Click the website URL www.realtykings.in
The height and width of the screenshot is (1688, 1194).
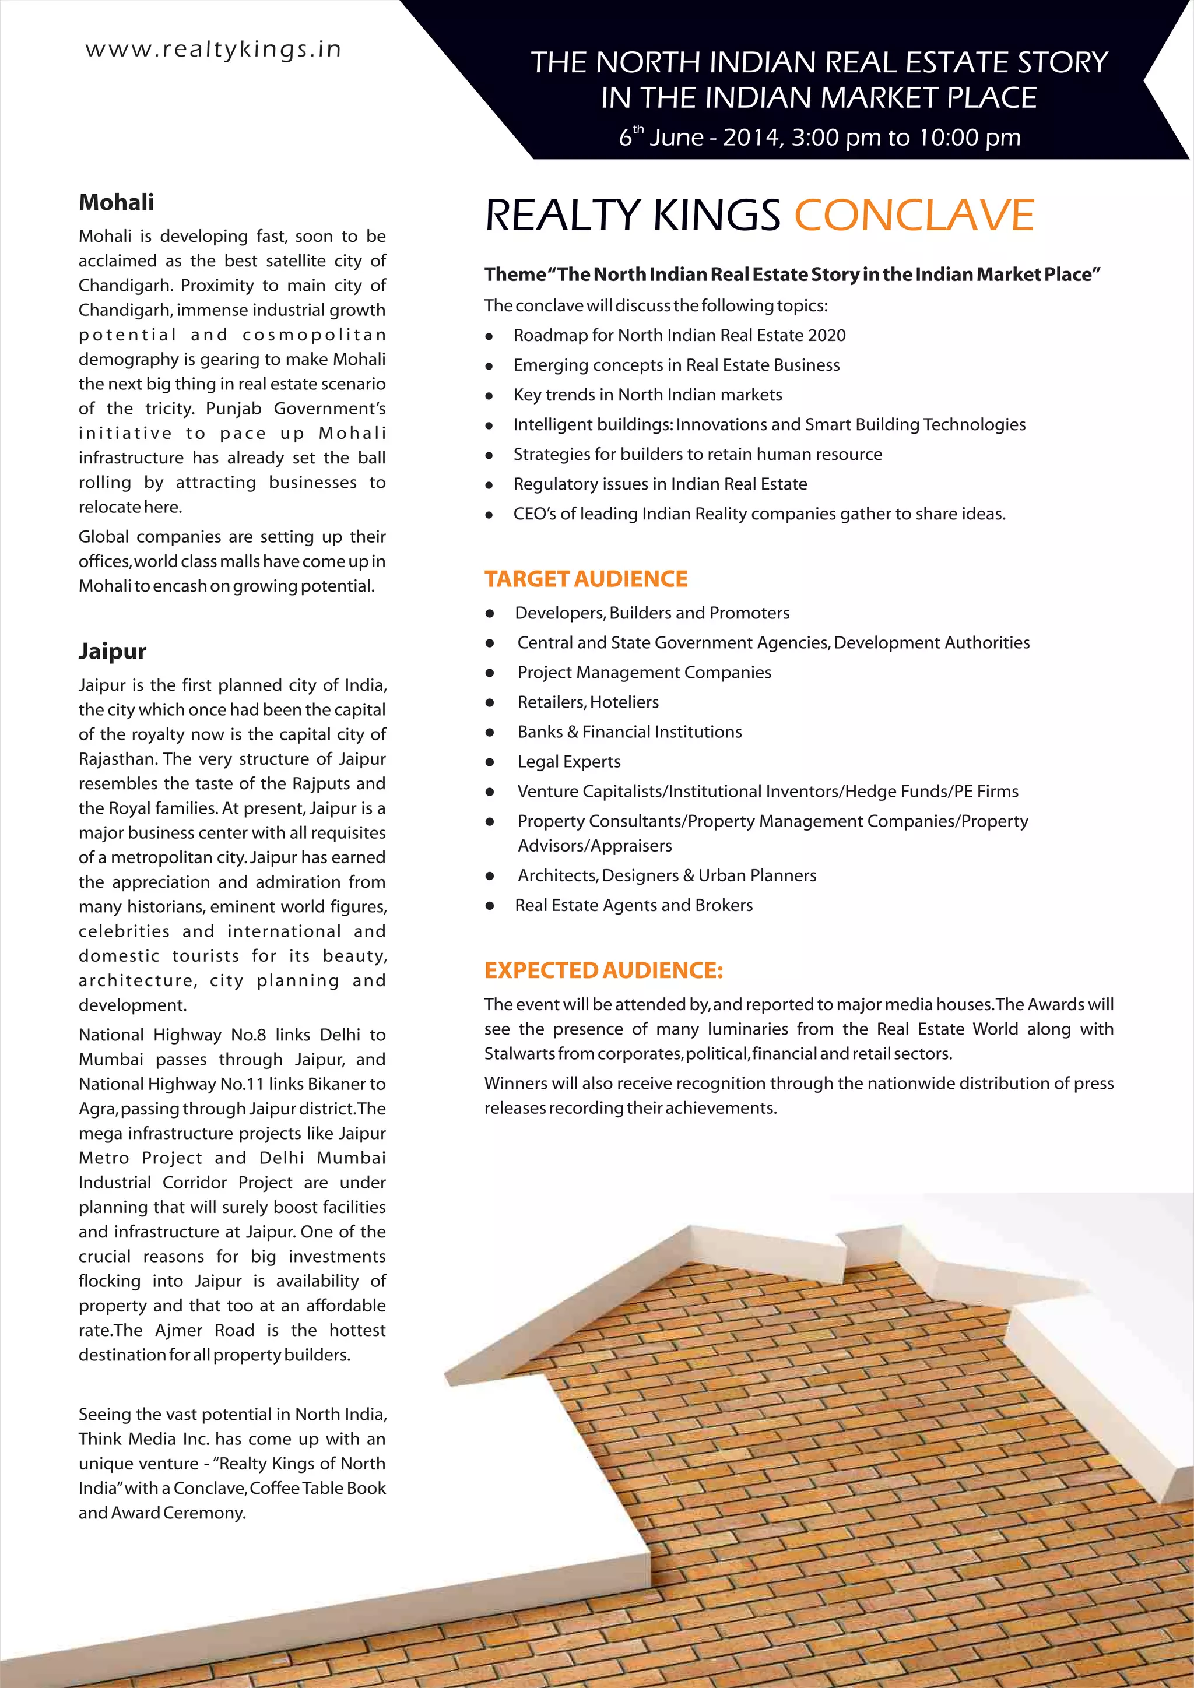coord(213,50)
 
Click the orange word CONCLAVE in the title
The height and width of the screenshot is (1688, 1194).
coord(914,216)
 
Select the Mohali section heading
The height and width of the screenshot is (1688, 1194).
coord(116,202)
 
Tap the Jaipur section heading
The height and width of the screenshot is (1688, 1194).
coord(113,652)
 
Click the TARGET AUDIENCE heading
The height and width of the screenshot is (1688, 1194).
coord(585,579)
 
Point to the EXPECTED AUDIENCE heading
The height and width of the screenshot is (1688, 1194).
coord(603,970)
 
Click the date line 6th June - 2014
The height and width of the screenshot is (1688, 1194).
coord(819,138)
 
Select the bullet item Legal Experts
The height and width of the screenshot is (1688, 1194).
coord(568,762)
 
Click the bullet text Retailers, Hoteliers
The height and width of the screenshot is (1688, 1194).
coord(588,702)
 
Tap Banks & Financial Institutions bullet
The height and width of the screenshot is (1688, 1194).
coord(629,732)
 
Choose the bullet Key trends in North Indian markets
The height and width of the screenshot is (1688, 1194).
coord(647,395)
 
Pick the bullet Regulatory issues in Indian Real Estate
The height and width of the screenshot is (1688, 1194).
coord(659,484)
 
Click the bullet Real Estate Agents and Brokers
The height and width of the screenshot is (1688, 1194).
coord(633,905)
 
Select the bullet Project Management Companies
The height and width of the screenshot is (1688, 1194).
coord(644,673)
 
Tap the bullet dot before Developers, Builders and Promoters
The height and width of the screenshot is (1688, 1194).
coord(490,614)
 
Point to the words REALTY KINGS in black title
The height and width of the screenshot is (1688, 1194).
coord(633,216)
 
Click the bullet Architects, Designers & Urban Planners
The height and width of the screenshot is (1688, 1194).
coord(667,875)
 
